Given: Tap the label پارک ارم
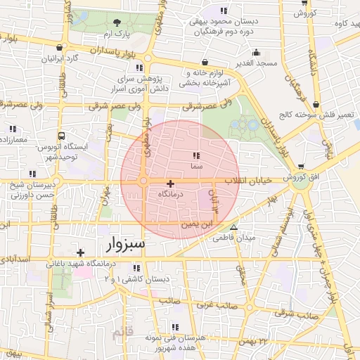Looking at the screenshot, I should (115, 34).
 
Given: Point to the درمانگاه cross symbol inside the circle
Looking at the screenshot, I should (170, 183).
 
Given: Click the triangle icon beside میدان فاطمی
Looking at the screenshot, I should (234, 228).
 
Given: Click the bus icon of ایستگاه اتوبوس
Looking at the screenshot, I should (62, 136).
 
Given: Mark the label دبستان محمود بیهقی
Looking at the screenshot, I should (224, 22).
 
